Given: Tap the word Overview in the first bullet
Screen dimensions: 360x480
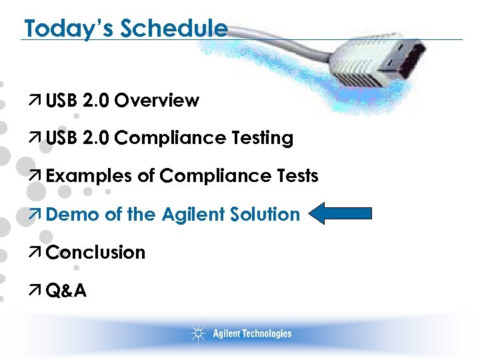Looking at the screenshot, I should click(x=157, y=101).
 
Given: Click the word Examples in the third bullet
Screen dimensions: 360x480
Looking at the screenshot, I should click(x=89, y=176).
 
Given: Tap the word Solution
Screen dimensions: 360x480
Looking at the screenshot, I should click(x=267, y=214).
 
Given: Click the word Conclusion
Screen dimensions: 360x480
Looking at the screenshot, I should click(x=96, y=252).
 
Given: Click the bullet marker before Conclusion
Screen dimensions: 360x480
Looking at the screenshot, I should click(x=37, y=253).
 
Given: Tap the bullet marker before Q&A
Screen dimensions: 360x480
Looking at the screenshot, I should click(x=37, y=291).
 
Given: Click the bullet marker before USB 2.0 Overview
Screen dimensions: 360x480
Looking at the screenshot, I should click(x=37, y=101).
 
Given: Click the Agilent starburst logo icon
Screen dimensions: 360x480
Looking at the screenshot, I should click(x=197, y=333).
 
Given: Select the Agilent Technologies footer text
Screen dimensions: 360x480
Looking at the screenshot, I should click(x=252, y=333).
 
